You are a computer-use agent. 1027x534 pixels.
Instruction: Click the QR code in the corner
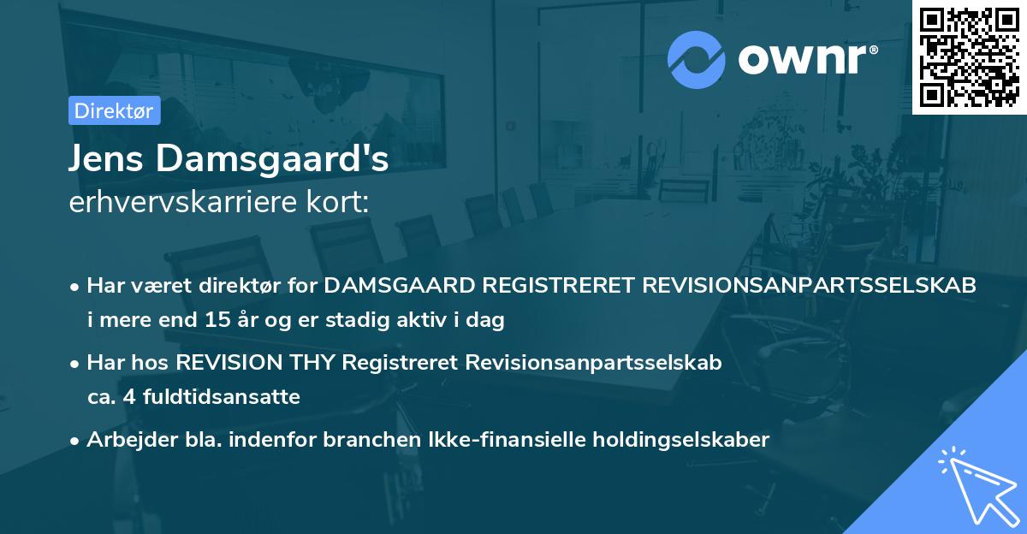[969, 57]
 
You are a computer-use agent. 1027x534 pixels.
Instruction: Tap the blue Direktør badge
[114, 110]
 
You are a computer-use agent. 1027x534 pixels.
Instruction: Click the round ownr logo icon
[697, 59]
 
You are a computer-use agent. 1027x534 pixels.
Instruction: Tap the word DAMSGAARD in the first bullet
[392, 286]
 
